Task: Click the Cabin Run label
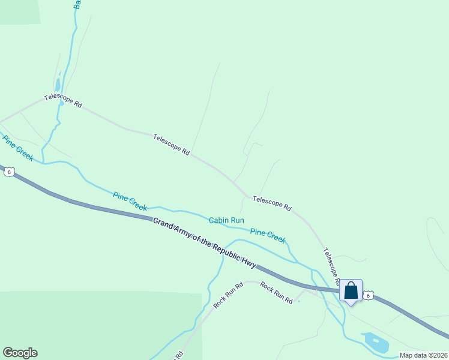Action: click(226, 220)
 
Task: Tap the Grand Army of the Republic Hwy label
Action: click(204, 242)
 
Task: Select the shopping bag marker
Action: click(351, 291)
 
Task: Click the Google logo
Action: click(20, 353)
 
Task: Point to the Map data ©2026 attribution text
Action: click(423, 355)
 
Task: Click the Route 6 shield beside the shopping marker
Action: click(369, 295)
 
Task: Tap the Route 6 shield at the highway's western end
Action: click(8, 172)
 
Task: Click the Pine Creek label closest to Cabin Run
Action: click(268, 236)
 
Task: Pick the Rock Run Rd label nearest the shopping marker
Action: click(276, 292)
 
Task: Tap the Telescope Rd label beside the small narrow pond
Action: click(63, 100)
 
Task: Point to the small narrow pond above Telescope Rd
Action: click(58, 85)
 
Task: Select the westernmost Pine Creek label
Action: click(18, 148)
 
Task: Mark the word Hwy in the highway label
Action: click(249, 262)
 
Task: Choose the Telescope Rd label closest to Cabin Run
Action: click(272, 203)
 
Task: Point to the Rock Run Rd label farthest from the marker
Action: click(228, 295)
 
